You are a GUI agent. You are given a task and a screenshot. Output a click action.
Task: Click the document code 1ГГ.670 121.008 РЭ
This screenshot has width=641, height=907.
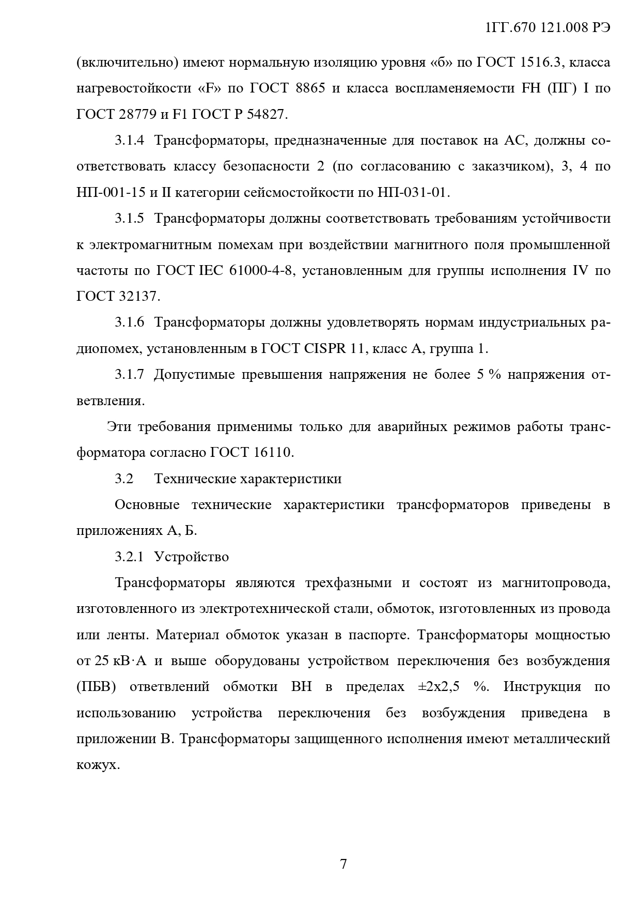coord(548,28)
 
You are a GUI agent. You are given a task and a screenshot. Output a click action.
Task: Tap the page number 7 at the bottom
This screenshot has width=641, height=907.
coord(343,864)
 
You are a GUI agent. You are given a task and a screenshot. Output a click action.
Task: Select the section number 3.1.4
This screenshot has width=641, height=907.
coord(129,141)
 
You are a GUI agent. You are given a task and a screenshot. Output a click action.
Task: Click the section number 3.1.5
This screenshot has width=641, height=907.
coord(129,219)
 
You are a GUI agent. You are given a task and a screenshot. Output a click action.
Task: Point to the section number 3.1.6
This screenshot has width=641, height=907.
coord(129,322)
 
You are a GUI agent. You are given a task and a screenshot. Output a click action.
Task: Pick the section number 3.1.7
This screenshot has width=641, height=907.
coord(129,375)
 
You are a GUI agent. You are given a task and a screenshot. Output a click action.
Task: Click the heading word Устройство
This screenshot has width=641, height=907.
coord(191,557)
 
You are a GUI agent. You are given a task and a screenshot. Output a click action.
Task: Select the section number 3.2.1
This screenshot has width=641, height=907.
coord(129,557)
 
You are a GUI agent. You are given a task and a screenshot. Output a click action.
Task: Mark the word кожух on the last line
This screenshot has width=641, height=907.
coord(97,765)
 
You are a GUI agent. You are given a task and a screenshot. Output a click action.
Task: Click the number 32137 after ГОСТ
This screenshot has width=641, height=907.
coord(139,297)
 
